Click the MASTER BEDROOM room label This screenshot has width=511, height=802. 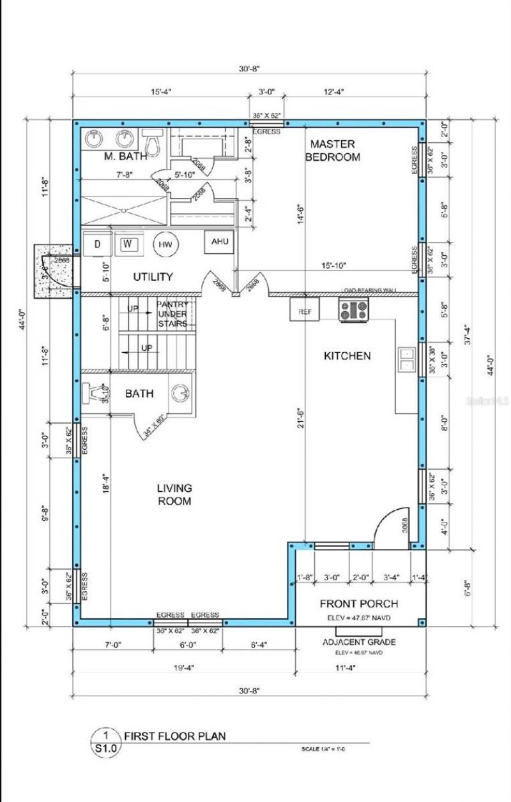332,150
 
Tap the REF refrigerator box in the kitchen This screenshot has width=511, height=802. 304,312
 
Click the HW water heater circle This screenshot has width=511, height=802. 165,245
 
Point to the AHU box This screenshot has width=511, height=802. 219,242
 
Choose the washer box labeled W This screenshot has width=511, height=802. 127,244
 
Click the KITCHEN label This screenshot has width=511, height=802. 346,356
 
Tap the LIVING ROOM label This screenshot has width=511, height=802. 174,494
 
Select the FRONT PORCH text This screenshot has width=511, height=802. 358,604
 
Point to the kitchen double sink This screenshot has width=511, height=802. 406,359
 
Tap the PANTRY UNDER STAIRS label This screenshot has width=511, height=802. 172,314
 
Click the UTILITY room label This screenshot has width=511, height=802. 153,277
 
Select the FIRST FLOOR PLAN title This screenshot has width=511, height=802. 174,736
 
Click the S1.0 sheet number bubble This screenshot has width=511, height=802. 106,743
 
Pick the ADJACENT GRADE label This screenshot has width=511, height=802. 358,642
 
